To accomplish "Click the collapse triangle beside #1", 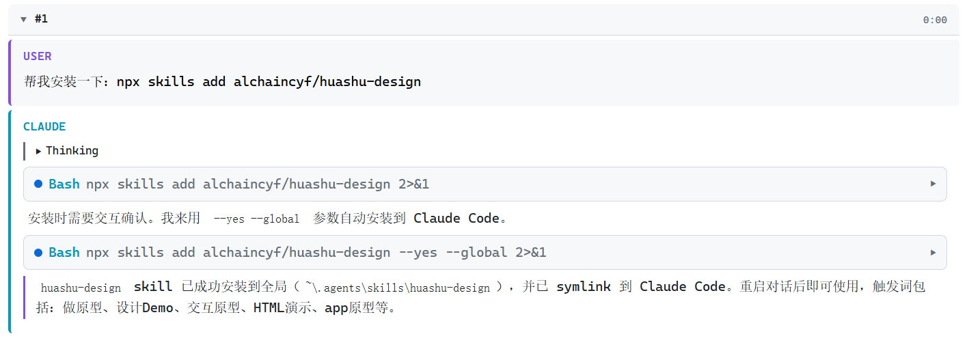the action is point(24,20).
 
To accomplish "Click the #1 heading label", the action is point(42,19).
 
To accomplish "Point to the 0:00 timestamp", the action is point(935,20).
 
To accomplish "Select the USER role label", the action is point(37,56).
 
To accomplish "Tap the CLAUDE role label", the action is point(44,127).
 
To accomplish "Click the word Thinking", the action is point(72,150).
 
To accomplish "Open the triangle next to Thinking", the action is point(38,151).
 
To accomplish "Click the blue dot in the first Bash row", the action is point(38,184).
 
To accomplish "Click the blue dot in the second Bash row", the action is point(38,252).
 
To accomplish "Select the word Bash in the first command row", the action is point(64,184).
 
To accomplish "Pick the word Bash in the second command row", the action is point(64,252).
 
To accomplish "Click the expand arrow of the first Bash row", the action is point(933,184).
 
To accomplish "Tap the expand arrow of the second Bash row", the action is point(933,252).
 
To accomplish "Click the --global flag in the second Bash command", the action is point(476,252).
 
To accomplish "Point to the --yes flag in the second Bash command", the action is point(418,253).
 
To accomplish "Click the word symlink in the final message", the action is point(584,286).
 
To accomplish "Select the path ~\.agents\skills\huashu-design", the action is point(398,288).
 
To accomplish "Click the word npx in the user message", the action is point(128,82).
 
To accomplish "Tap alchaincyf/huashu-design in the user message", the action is point(327,82).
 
